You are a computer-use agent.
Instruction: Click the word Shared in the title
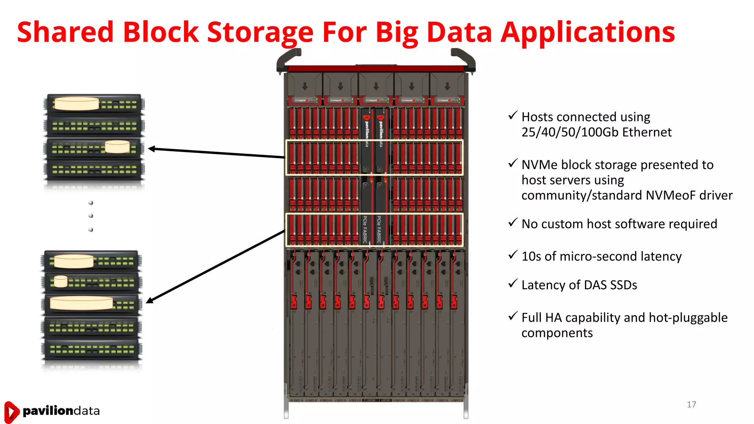pyautogui.click(x=65, y=32)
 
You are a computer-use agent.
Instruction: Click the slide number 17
pyautogui.click(x=691, y=404)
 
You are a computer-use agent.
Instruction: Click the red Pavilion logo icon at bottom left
pyautogui.click(x=11, y=411)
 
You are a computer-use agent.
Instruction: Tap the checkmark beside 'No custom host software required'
pyautogui.click(x=513, y=223)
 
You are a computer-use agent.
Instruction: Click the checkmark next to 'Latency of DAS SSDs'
pyautogui.click(x=513, y=283)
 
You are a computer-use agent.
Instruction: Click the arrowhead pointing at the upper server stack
pyautogui.click(x=151, y=149)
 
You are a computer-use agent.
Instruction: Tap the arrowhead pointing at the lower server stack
pyautogui.click(x=149, y=301)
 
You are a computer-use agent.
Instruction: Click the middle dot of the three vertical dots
pyautogui.click(x=91, y=216)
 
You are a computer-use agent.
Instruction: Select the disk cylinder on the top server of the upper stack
pyautogui.click(x=77, y=103)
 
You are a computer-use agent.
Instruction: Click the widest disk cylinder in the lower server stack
pyautogui.click(x=81, y=303)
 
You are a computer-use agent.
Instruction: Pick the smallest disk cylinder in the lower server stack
pyautogui.click(x=61, y=281)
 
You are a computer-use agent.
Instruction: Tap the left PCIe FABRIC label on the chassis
pyautogui.click(x=365, y=229)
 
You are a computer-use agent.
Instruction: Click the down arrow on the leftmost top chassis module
pyautogui.click(x=305, y=86)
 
